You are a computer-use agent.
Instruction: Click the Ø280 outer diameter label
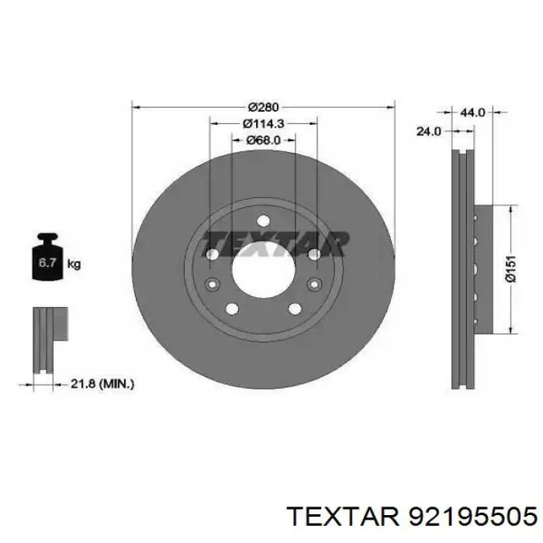(263, 107)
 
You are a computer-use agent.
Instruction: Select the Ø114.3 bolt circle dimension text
(263, 123)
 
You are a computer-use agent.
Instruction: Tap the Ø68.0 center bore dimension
(263, 140)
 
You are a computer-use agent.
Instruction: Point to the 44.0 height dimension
(472, 112)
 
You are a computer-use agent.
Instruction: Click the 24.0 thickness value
(428, 132)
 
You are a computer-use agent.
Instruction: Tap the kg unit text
(74, 264)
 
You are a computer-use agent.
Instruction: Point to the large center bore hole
(263, 275)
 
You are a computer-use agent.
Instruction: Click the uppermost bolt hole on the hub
(263, 220)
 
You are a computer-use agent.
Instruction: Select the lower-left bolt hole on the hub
(230, 310)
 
